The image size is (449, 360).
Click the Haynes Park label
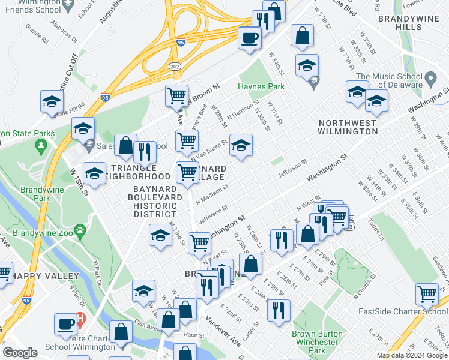pyautogui.click(x=261, y=86)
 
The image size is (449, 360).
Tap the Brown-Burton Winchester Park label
pyautogui.click(x=317, y=342)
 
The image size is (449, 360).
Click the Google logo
pyautogui.click(x=20, y=353)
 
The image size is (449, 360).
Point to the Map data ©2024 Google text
pyautogui.click(x=412, y=355)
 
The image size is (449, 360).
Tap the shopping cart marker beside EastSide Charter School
pyautogui.click(x=427, y=294)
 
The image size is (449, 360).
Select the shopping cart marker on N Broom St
pyautogui.click(x=176, y=95)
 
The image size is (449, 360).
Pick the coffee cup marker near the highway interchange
pyautogui.click(x=249, y=38)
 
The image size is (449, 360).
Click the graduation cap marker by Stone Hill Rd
pyautogui.click(x=52, y=100)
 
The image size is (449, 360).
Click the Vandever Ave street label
pyautogui.click(x=223, y=329)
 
